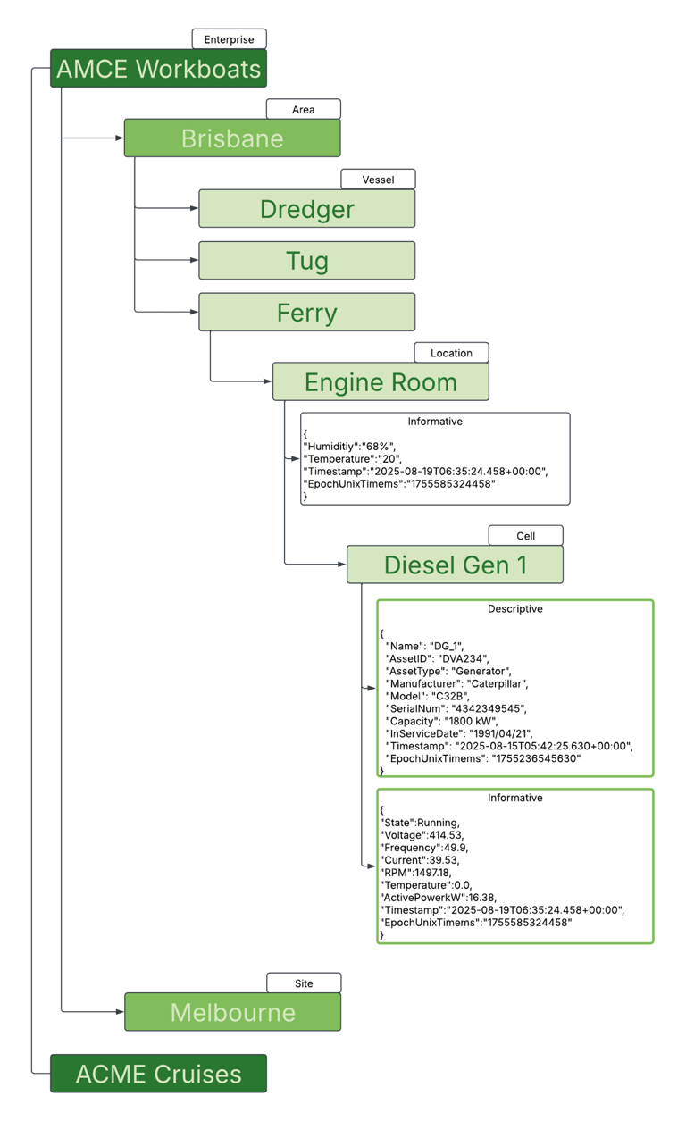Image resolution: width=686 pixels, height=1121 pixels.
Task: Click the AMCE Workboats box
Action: point(158,69)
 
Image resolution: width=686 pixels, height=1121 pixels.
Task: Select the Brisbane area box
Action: point(232,138)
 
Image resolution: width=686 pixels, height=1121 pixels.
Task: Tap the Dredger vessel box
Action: point(306,209)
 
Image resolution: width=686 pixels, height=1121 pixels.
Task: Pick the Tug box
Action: point(306,261)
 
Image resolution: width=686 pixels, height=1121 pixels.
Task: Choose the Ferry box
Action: point(306,313)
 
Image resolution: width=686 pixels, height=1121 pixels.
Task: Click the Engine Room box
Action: point(381,382)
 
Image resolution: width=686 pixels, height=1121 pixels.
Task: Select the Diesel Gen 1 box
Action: point(455,565)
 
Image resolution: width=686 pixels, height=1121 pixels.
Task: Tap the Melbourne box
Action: point(232,1012)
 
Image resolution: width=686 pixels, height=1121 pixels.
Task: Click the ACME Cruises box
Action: point(158,1074)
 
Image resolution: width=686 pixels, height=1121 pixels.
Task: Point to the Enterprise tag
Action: point(229,39)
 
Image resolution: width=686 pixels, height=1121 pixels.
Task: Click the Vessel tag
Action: point(378,180)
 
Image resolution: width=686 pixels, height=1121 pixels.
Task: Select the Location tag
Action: point(451,353)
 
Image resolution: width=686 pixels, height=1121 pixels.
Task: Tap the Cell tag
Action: point(525,536)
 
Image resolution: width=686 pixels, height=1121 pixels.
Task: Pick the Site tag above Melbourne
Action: point(304,983)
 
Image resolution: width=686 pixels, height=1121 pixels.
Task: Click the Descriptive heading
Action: point(514,609)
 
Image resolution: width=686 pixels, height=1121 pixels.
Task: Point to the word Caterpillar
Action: point(496,683)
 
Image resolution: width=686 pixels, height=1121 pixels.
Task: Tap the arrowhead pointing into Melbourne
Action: point(120,1012)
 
